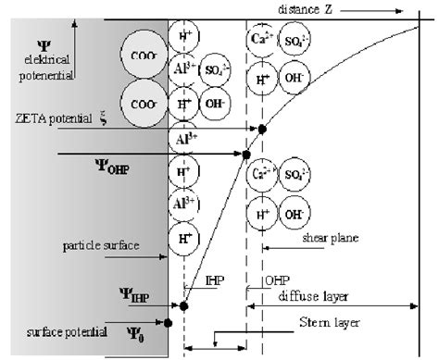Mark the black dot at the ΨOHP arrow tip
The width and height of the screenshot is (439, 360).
[x=247, y=155]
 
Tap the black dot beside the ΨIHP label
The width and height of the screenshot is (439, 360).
[x=183, y=304]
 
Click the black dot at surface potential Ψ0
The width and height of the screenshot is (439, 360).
[x=168, y=323]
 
